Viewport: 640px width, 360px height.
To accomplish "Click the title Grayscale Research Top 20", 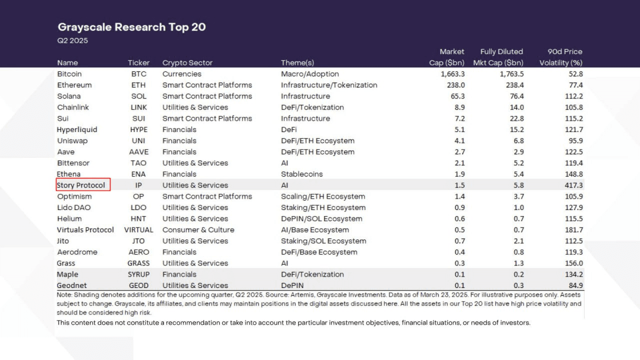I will point(131,27).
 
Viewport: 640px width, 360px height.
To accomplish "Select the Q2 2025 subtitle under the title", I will point(72,40).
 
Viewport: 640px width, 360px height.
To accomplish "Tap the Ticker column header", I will point(138,63).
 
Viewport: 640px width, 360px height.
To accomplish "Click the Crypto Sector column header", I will point(187,63).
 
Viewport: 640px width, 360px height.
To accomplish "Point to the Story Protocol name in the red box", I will point(81,185).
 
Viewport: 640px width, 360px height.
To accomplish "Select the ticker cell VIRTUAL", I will point(138,230).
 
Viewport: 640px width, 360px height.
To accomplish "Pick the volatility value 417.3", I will point(572,185).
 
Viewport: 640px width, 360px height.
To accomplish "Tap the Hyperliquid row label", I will point(77,129).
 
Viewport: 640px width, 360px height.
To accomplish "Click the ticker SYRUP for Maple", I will point(138,274).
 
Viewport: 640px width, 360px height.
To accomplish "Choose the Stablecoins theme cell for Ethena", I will point(302,174).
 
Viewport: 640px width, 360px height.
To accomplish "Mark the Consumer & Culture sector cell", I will point(198,230).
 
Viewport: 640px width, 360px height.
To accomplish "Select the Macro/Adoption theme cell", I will point(310,74).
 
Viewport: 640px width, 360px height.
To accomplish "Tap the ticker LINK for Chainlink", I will point(138,107).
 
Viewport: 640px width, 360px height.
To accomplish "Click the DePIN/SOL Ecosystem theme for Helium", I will point(321,218).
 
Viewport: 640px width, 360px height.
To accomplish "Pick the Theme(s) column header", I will point(297,63).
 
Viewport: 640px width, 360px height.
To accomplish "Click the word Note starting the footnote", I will point(65,294).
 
